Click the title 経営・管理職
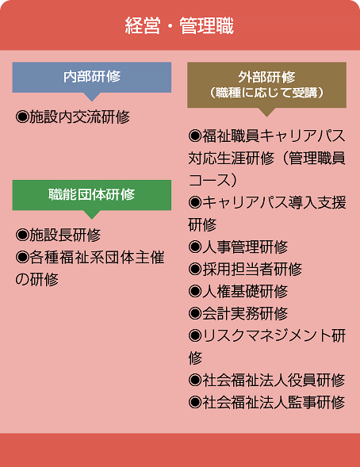tap(179, 25)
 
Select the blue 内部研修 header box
tap(92, 77)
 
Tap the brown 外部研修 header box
tap(266, 85)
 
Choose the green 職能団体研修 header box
tap(92, 195)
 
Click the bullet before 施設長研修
tap(22, 235)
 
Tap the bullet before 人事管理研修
tap(195, 247)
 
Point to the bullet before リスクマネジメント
tap(195, 336)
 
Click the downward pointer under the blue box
tap(92, 97)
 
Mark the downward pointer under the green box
tap(92, 215)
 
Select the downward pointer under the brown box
tap(266, 112)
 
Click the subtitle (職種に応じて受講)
tap(266, 93)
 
